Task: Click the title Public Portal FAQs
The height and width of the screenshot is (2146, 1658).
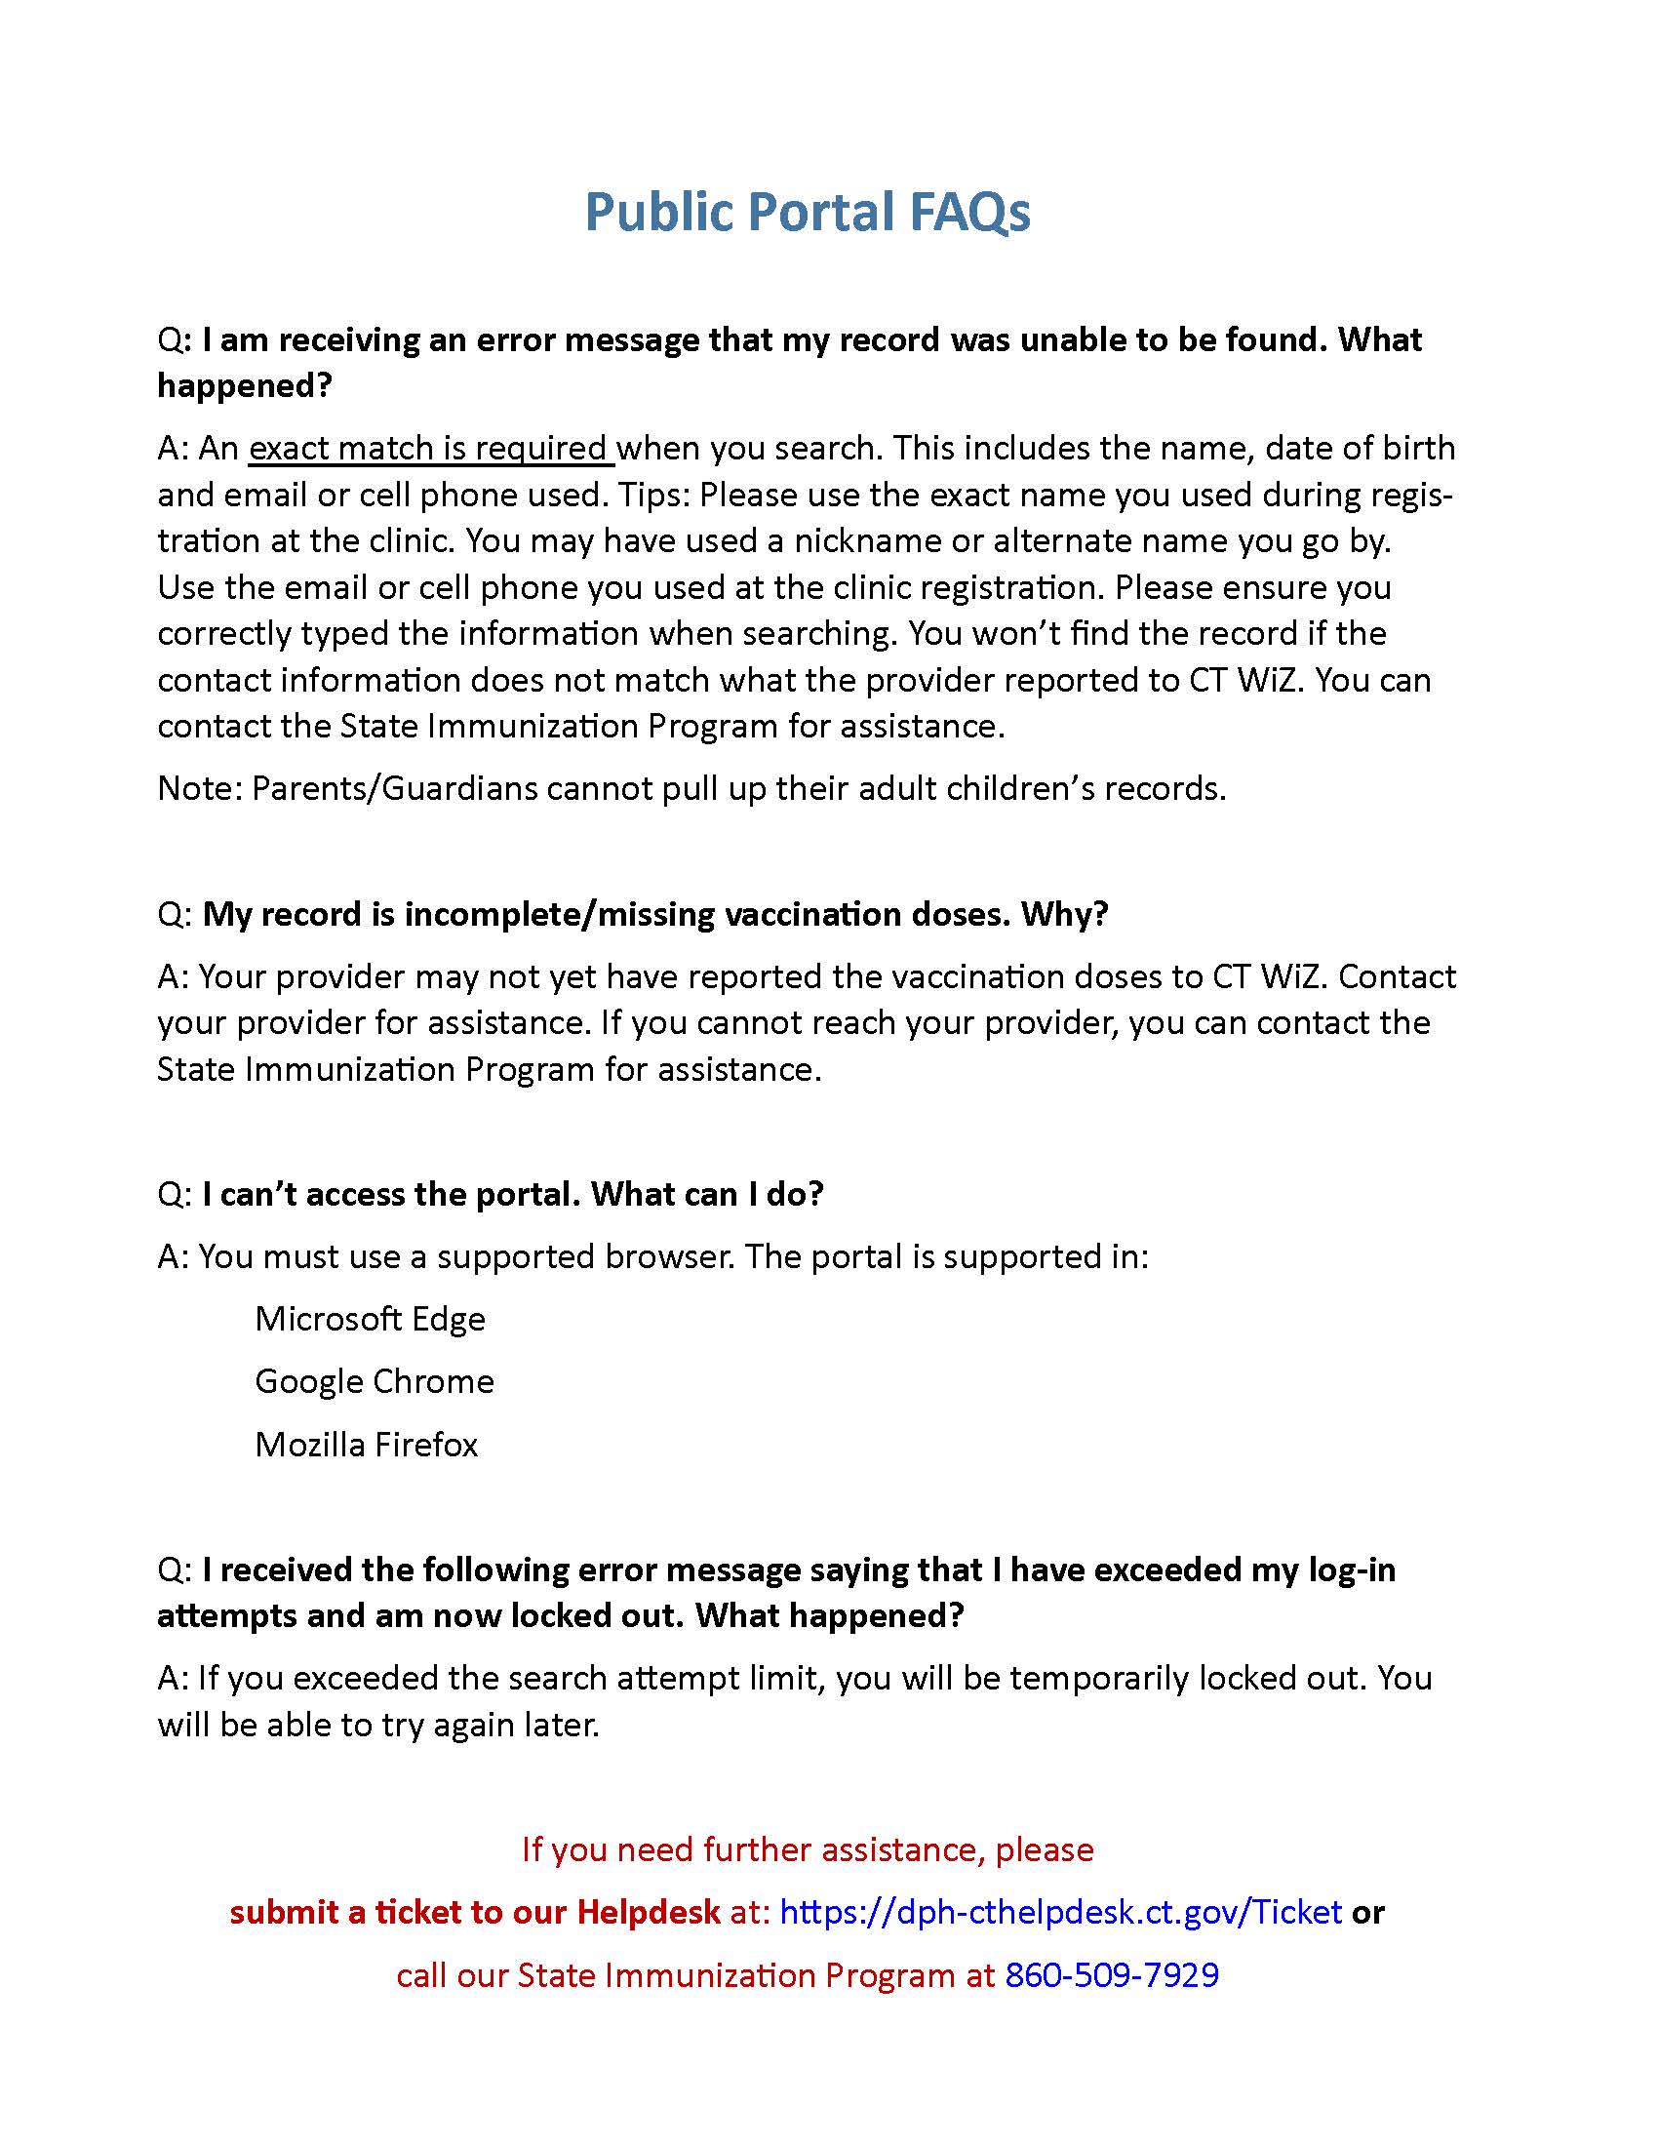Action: point(808,213)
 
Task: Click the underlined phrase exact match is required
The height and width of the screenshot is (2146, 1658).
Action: point(429,448)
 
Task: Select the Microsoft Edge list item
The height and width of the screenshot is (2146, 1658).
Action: point(370,1319)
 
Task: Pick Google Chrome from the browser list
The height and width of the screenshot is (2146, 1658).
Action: point(375,1381)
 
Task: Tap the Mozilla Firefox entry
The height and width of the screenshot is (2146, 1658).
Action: point(366,1445)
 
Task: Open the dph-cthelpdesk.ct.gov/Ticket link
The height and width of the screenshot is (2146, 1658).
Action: point(1060,1911)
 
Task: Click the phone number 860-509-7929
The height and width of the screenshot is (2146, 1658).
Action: point(1112,1974)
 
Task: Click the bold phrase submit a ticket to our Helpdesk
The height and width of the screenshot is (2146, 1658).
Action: point(474,1911)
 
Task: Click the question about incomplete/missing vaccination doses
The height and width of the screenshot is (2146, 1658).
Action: point(655,914)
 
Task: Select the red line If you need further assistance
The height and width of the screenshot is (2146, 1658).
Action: point(808,1848)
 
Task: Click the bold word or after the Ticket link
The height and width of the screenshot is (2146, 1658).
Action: point(1368,1911)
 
